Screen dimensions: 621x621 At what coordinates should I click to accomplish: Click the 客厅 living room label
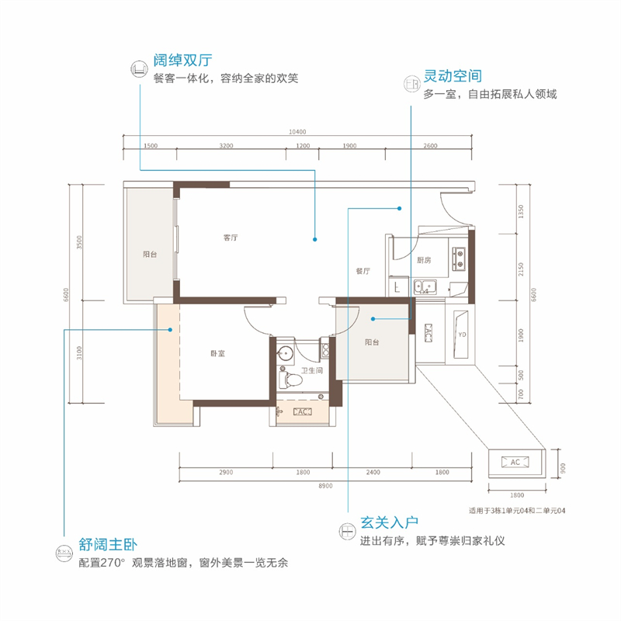tap(230, 238)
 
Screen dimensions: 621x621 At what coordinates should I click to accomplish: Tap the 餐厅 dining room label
tap(363, 272)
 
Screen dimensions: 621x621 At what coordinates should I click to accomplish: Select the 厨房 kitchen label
tap(423, 260)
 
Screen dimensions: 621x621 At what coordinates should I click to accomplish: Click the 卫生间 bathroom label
tap(312, 371)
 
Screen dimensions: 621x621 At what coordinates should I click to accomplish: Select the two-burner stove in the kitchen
tap(459, 257)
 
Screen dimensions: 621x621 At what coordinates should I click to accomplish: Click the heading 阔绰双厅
tap(183, 60)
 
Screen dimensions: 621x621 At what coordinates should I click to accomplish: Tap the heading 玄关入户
tap(389, 522)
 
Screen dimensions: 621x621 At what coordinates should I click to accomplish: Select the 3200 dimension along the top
tap(226, 146)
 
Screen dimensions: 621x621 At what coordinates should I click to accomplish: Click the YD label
tap(461, 335)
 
